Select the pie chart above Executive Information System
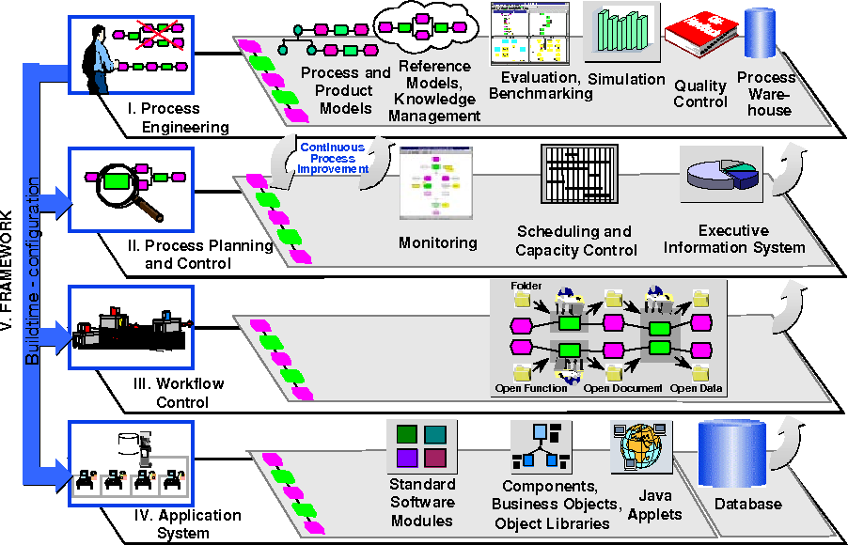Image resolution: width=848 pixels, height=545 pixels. point(719,175)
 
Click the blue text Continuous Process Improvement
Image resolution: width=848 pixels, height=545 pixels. point(331,158)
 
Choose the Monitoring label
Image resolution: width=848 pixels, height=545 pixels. point(437,242)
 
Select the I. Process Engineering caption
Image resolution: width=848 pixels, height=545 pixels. point(178,118)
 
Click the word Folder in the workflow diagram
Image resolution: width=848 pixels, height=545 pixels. point(527,285)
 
